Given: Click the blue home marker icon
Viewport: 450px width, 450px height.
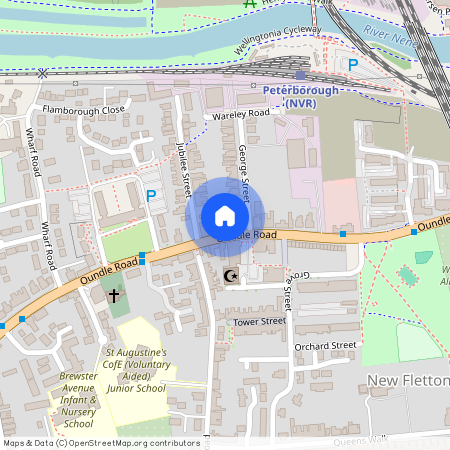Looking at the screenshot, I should click(225, 216).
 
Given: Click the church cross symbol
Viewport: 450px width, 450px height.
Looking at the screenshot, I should click(114, 296).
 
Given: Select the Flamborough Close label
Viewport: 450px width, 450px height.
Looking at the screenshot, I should click(83, 109).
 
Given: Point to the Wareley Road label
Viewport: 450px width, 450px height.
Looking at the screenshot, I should click(242, 115).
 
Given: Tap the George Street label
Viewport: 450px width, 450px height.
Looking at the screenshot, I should click(243, 171).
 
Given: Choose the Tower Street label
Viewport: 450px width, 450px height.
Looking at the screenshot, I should click(260, 322).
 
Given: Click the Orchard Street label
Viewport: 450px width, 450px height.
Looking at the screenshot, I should click(325, 346).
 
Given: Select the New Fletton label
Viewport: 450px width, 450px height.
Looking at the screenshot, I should click(406, 381).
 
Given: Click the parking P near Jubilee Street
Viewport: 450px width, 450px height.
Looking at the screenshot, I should click(151, 197).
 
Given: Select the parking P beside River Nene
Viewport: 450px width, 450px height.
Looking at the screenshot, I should click(352, 64).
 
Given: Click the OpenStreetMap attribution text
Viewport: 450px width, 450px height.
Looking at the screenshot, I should click(101, 442).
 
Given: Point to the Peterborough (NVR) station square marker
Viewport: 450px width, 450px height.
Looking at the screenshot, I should click(300, 75).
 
